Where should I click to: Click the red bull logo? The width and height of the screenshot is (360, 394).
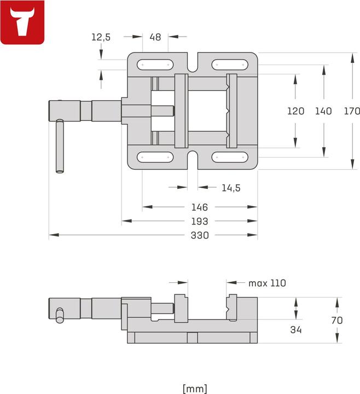(22, 22)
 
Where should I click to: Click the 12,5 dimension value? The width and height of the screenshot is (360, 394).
(101, 37)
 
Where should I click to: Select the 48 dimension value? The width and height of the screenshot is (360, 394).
(155, 37)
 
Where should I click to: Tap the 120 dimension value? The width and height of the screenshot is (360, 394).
(295, 111)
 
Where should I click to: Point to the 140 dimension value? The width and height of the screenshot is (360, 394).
(323, 111)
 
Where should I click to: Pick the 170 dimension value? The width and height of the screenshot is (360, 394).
(351, 111)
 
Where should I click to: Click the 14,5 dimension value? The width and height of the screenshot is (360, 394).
(231, 188)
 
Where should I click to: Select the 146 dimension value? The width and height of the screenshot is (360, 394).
(200, 207)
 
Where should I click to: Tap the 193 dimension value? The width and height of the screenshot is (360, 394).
(200, 222)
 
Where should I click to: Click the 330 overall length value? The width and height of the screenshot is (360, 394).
(200, 236)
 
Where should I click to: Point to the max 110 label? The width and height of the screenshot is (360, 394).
(267, 283)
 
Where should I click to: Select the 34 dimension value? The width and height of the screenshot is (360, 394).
(295, 329)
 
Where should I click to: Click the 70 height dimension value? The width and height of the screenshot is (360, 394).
(337, 320)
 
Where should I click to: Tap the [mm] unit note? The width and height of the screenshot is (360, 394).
(195, 389)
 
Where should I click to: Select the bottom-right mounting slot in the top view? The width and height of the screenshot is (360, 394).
(230, 158)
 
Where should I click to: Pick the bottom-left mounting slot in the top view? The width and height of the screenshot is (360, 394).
(155, 158)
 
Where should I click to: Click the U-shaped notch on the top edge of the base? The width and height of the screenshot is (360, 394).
(193, 63)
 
